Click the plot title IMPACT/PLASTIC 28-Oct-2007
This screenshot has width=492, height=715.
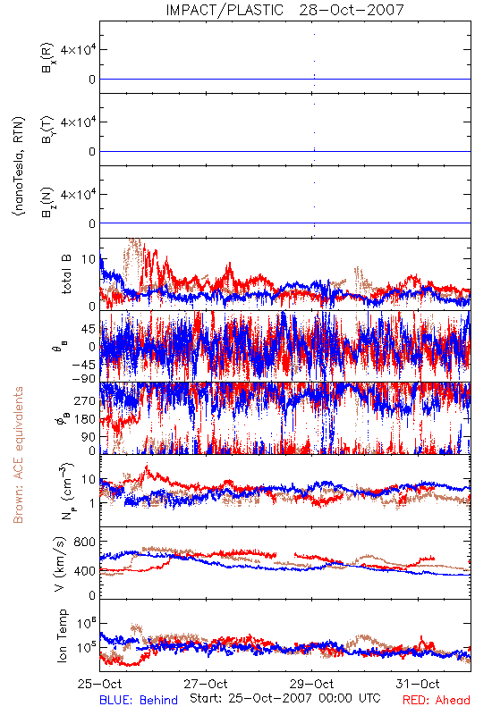coord(285,10)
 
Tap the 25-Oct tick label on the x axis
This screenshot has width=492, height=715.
coord(100,684)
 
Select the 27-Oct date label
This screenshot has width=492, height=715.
coord(206,684)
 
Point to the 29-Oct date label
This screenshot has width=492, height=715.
coord(311,684)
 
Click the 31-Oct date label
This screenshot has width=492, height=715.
coord(418,684)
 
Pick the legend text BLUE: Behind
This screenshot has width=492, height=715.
coord(139,700)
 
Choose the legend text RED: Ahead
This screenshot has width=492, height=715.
coord(437,700)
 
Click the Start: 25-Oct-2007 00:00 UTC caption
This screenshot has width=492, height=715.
coord(285,698)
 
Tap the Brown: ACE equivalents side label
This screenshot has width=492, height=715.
coord(18,455)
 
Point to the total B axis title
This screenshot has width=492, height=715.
coord(66,274)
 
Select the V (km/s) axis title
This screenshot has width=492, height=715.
coord(60,564)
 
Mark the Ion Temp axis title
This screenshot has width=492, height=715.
coord(62,635)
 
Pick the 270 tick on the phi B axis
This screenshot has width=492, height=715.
coord(85,400)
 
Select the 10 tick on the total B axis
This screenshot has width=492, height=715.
coord(89,259)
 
